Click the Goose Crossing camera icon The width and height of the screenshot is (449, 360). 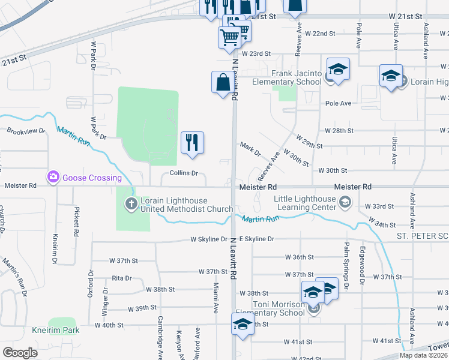tap(53, 177)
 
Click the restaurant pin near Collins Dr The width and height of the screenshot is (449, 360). tap(192, 142)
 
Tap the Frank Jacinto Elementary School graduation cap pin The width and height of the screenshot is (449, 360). tap(338, 69)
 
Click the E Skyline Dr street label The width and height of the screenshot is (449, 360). tap(256, 239)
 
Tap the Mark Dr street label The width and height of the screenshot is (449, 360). tap(250, 148)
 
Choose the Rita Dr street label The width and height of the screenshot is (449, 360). tap(121, 278)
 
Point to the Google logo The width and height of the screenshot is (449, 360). tap(20, 353)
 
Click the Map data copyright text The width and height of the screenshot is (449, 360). tap(423, 355)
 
